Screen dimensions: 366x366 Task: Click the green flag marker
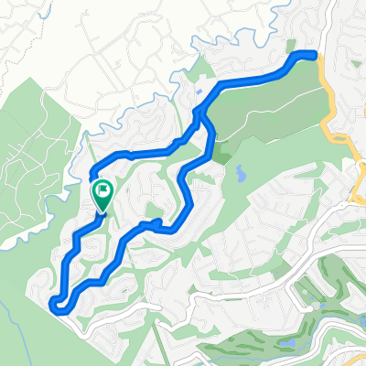(x=102, y=192)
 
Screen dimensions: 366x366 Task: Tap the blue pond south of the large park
(x=240, y=171)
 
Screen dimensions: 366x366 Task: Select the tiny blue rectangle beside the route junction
(x=199, y=92)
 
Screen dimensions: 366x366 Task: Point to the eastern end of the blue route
(x=318, y=56)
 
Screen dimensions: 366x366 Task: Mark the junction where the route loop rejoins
(x=198, y=112)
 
